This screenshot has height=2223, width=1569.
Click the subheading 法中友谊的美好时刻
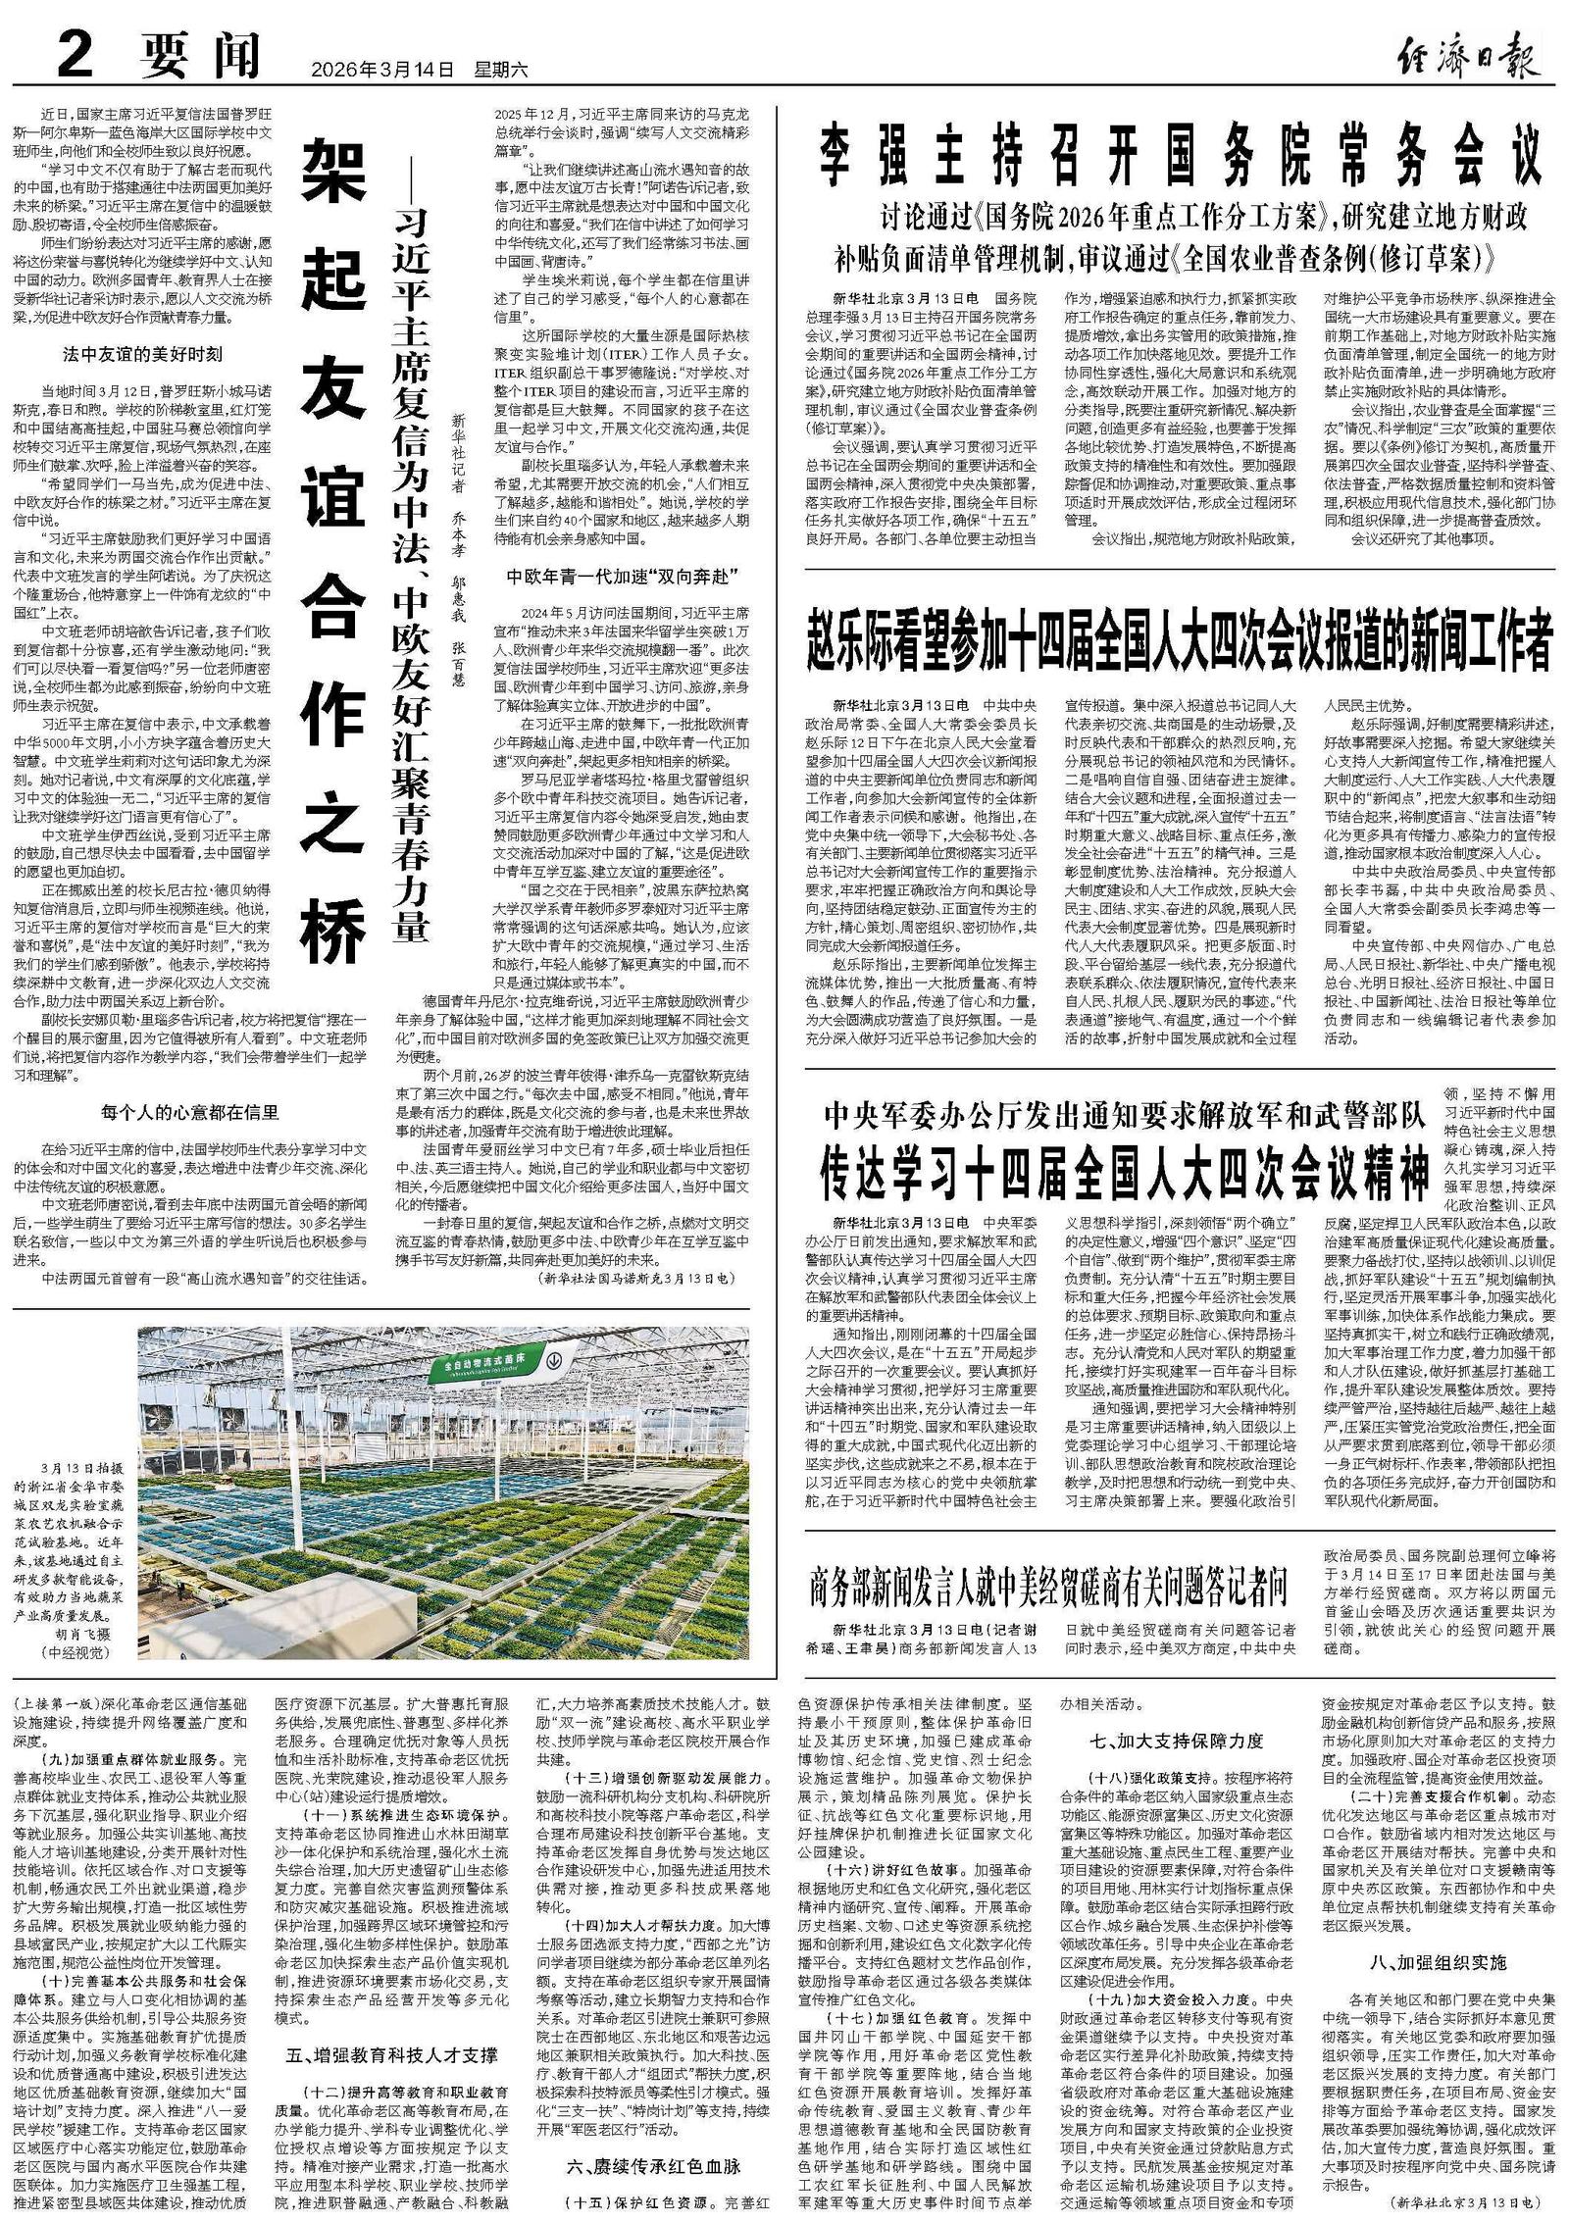tap(142, 353)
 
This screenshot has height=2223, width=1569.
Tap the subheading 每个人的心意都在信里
tap(190, 1111)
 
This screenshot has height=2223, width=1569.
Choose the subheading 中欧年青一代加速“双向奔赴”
tap(622, 575)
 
